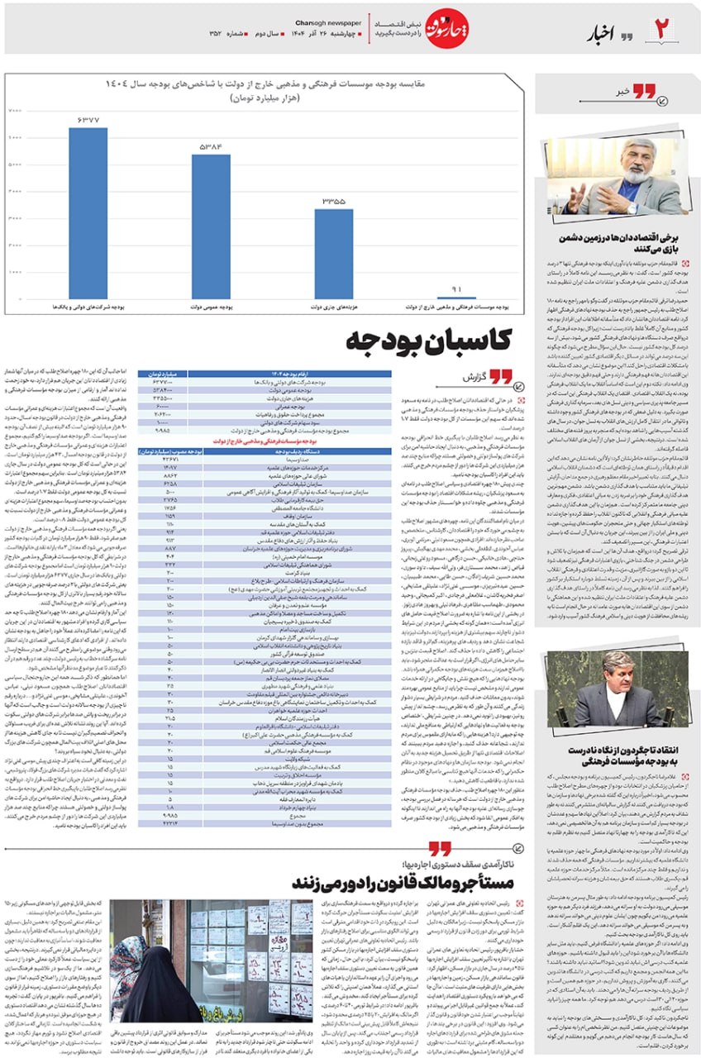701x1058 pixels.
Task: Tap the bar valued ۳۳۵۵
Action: pos(333,253)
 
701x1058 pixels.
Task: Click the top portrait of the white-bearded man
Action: pos(618,177)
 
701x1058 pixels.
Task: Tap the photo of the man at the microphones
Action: pos(617,689)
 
